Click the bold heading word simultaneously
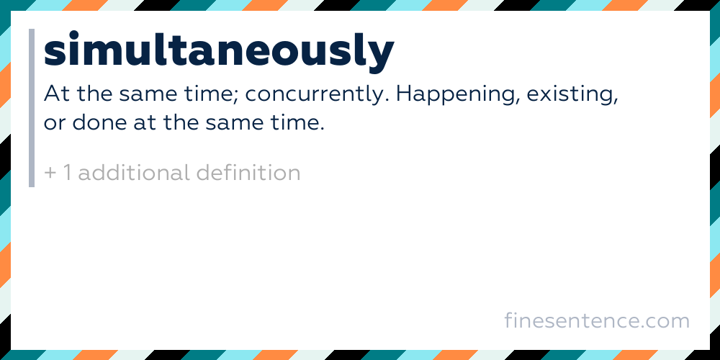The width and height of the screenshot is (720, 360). click(219, 51)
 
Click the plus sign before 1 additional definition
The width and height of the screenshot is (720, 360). click(50, 174)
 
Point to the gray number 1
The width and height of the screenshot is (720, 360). click(67, 173)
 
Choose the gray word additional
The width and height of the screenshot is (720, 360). click(134, 173)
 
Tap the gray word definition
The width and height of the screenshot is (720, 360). click(248, 173)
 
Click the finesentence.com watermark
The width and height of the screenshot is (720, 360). click(597, 320)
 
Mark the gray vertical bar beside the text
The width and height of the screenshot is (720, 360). click(32, 108)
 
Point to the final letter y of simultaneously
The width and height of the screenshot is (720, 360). click(382, 58)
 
